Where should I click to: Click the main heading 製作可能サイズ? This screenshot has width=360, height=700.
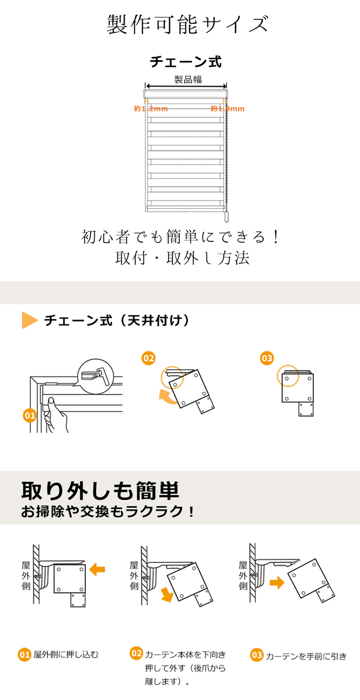(x=188, y=24)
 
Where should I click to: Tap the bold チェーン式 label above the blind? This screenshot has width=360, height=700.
(x=186, y=62)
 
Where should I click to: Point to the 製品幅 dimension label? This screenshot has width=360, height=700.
(x=188, y=79)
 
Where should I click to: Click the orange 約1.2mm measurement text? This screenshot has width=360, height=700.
(x=151, y=109)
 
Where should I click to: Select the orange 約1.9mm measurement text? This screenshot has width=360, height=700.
(x=228, y=109)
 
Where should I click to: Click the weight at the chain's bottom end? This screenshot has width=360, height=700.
(x=226, y=216)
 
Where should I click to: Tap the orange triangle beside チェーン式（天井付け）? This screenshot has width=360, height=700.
(x=30, y=320)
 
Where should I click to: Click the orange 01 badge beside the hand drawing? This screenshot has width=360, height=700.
(x=30, y=416)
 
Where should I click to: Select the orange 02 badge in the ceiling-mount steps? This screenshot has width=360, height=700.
(x=148, y=358)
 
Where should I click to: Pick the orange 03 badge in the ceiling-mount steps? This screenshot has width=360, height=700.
(x=267, y=358)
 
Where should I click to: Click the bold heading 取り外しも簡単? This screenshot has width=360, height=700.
(x=100, y=490)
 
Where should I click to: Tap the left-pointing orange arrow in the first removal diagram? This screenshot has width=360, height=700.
(x=97, y=569)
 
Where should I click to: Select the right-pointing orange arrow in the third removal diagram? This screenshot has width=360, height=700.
(x=277, y=582)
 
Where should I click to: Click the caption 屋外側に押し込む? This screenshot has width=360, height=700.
(x=66, y=654)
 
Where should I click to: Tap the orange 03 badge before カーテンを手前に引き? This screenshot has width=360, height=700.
(x=257, y=655)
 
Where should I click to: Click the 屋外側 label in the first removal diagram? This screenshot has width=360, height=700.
(x=26, y=576)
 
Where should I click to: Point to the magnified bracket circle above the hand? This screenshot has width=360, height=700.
(x=96, y=376)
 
